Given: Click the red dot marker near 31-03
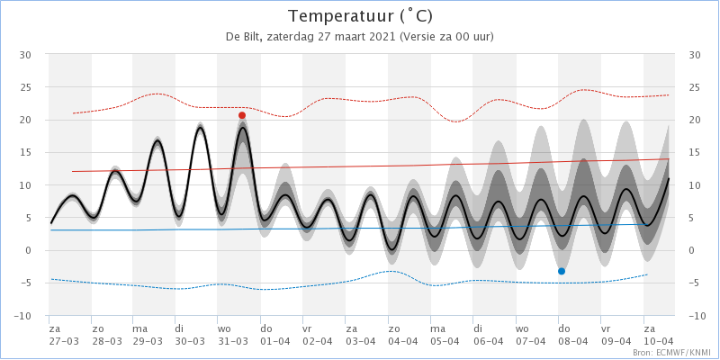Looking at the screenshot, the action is (x=242, y=115).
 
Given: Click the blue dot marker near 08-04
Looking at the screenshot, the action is (x=561, y=272).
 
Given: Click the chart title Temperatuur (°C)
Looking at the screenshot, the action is (x=361, y=16).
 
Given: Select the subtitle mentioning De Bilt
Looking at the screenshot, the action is (x=359, y=37).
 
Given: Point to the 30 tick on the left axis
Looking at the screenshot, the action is (x=25, y=55).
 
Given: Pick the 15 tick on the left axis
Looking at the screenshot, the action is (x=25, y=152).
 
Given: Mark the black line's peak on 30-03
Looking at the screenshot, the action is (x=200, y=127).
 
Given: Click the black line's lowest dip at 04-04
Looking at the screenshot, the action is (x=391, y=249).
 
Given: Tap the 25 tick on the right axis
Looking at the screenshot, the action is (x=695, y=87).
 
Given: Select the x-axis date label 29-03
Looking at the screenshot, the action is (x=147, y=341).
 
